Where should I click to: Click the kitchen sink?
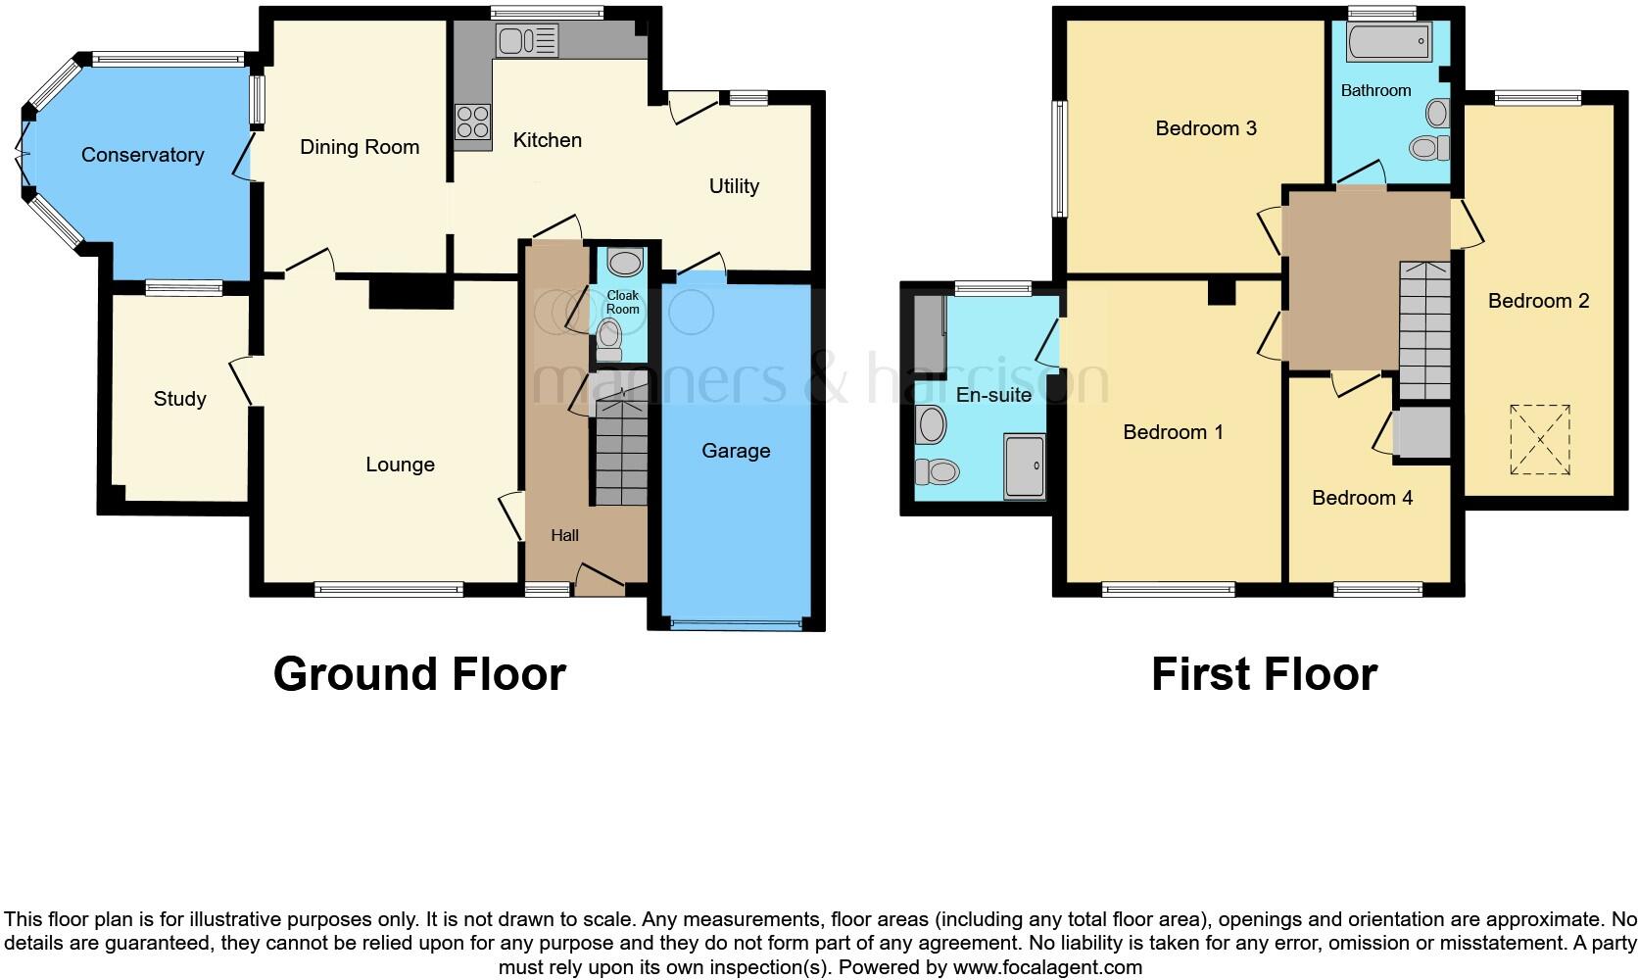527,40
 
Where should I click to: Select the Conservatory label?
142,155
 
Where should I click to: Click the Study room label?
179,399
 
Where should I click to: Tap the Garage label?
736,451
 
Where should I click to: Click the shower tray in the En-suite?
1025,467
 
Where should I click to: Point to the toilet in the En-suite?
936,472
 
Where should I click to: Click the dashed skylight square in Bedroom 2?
1540,440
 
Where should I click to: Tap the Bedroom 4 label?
1362,498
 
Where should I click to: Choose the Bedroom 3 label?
1206,128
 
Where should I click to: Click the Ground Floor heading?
419,674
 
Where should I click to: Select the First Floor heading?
1264,674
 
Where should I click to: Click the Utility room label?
734,186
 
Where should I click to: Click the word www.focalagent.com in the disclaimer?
1046,968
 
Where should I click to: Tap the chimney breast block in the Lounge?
410,293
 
